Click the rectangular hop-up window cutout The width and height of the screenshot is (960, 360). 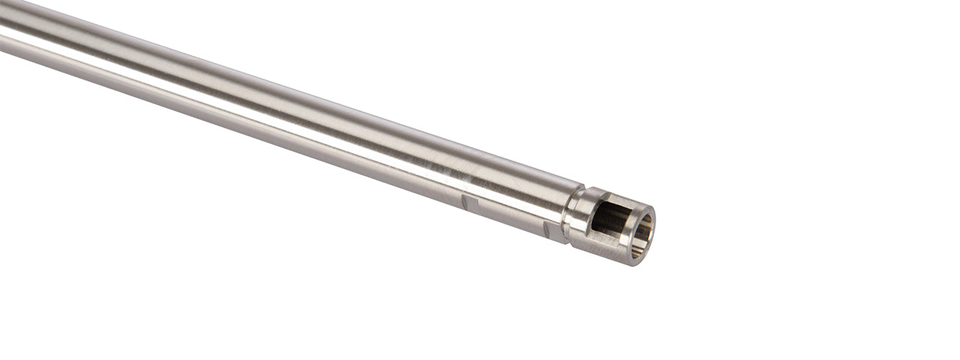609,217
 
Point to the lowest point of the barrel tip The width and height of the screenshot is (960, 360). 636,265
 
